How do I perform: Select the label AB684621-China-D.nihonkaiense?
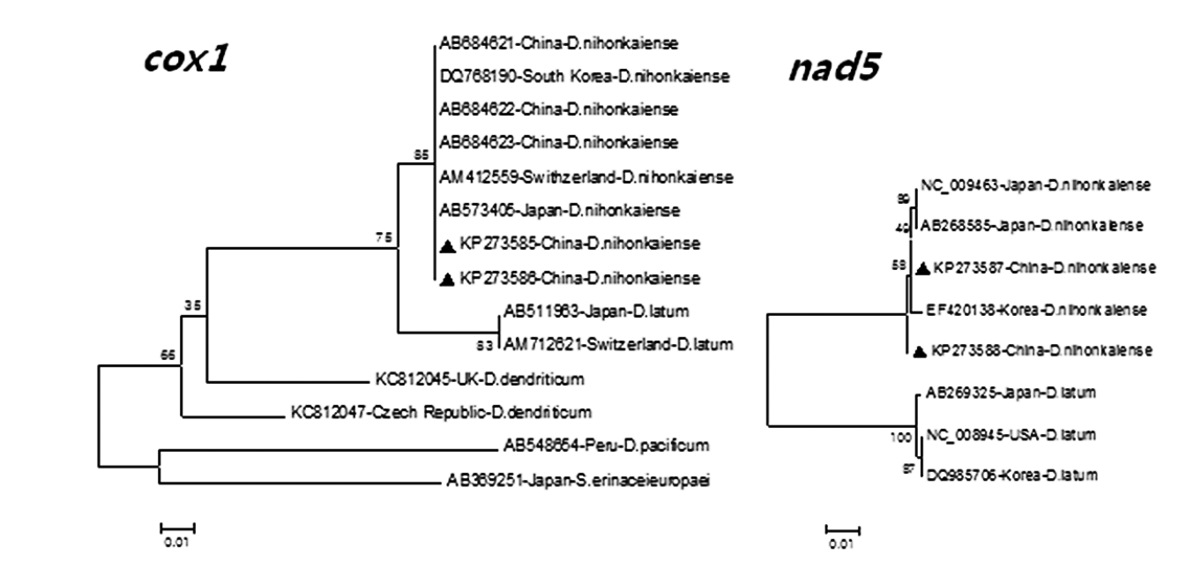(558, 42)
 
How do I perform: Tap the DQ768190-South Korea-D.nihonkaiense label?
(584, 76)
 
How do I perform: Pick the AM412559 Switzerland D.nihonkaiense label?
(586, 176)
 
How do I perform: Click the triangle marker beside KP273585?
(447, 244)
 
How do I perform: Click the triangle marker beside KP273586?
(447, 279)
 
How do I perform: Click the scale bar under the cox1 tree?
(176, 528)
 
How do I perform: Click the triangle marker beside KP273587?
(922, 267)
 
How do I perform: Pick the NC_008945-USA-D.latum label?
(1010, 434)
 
